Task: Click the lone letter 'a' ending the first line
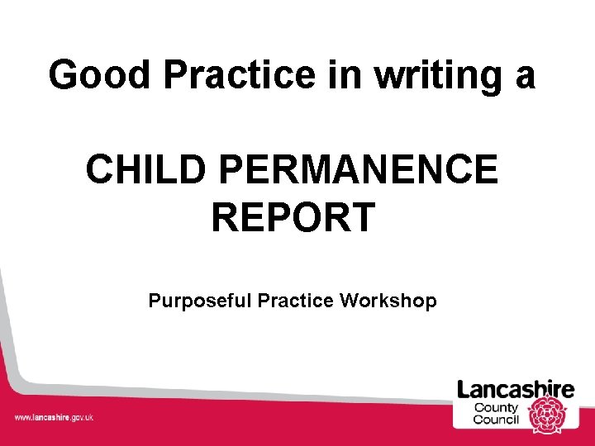click(x=524, y=77)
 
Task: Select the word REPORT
click(x=293, y=217)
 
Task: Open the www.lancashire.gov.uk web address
click(x=54, y=417)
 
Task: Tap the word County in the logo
click(x=496, y=407)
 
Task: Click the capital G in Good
click(x=64, y=75)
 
